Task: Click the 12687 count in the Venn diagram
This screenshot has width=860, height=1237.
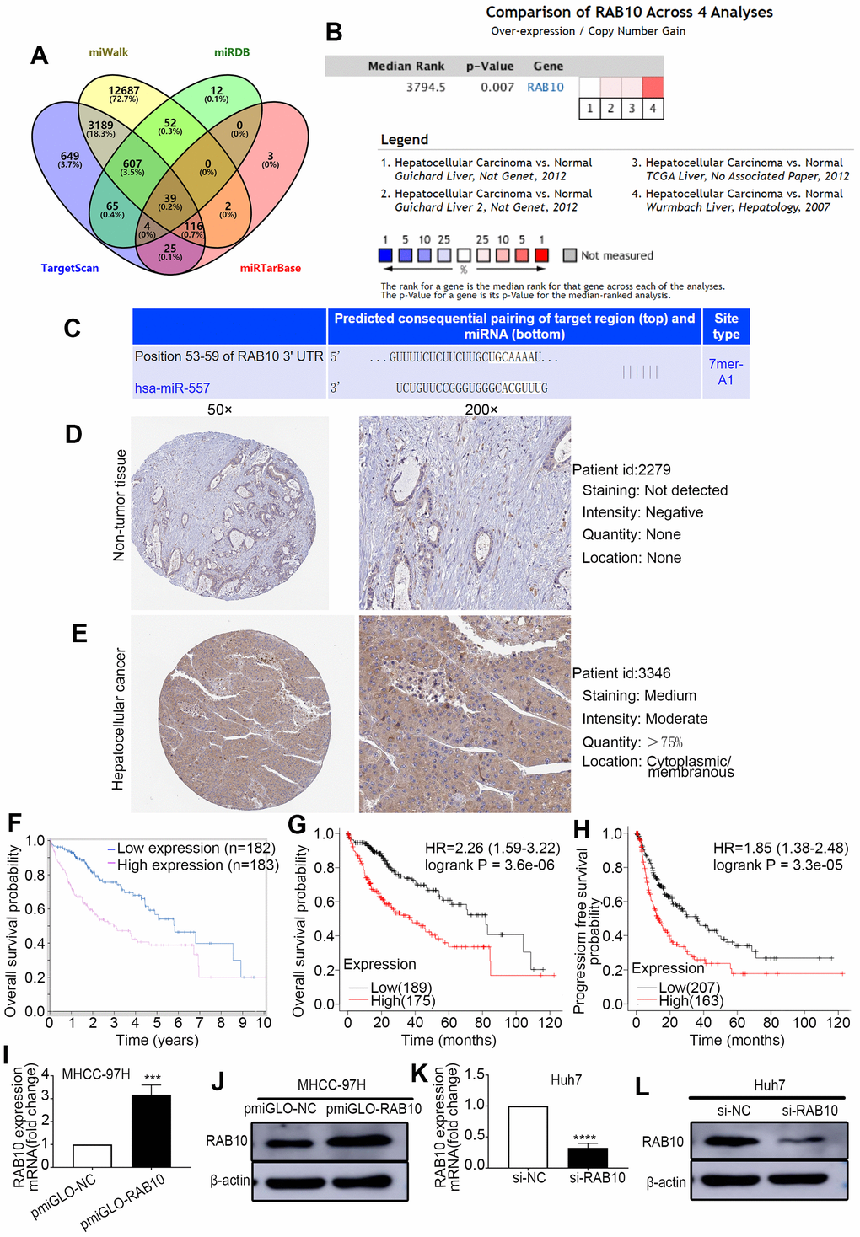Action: pyautogui.click(x=124, y=90)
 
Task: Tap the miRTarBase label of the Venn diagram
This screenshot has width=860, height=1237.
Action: pyautogui.click(x=270, y=268)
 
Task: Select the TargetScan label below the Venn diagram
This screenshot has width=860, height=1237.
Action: pyautogui.click(x=70, y=268)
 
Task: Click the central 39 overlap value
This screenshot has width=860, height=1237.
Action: pyautogui.click(x=170, y=199)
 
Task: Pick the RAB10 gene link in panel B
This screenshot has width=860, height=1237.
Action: pyautogui.click(x=546, y=87)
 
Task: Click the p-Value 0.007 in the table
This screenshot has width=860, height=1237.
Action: pyautogui.click(x=497, y=87)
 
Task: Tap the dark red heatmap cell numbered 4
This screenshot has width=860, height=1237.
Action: pyautogui.click(x=653, y=87)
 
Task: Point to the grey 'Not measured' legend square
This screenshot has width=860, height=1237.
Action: pyautogui.click(x=570, y=255)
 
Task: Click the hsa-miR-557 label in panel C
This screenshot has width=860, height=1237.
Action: pyautogui.click(x=172, y=388)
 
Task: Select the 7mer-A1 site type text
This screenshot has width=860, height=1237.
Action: pyautogui.click(x=725, y=372)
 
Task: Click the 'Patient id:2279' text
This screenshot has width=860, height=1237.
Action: pyautogui.click(x=621, y=469)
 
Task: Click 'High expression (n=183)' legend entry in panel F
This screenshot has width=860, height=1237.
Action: pyautogui.click(x=197, y=865)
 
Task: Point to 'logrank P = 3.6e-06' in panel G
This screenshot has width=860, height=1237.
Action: pyautogui.click(x=489, y=865)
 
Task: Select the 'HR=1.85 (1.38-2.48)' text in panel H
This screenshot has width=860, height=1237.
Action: pyautogui.click(x=780, y=848)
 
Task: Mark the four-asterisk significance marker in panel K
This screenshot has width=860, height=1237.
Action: pyautogui.click(x=584, y=1138)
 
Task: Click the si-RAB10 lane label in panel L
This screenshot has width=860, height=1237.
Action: pyautogui.click(x=809, y=1111)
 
